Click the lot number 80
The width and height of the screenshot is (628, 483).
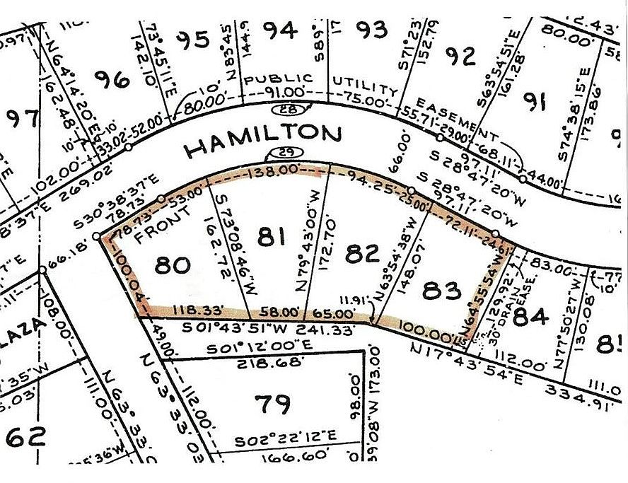coord(172,264)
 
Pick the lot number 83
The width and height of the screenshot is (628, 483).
coord(443,290)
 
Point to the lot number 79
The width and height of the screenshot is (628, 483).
coord(272,404)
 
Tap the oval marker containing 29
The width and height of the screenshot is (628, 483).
coord(281,156)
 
